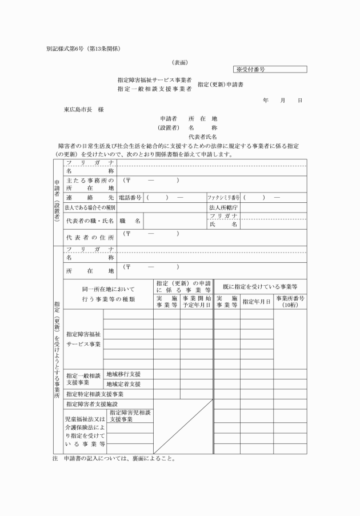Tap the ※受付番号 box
point(270,70)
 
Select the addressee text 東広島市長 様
point(84,109)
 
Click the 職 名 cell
point(130,220)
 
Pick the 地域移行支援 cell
point(123,374)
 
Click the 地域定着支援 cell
point(123,384)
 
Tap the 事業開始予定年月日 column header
point(197,301)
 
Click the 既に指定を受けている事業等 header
point(259,286)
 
